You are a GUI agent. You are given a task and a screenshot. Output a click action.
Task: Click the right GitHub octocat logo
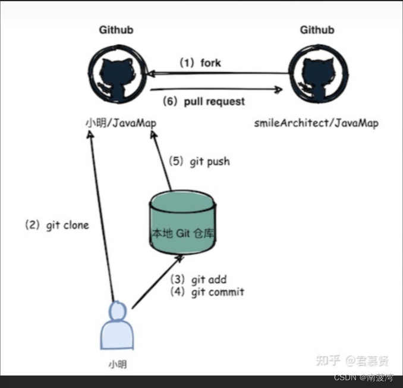pyautogui.click(x=316, y=74)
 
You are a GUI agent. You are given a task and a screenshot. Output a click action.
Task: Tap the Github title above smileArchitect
pyautogui.click(x=316, y=30)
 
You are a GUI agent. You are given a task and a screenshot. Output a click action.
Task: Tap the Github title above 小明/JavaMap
pyautogui.click(x=117, y=30)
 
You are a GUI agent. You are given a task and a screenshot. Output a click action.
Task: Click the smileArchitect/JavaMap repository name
pyautogui.click(x=316, y=123)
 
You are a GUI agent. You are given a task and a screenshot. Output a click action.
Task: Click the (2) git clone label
pyautogui.click(x=56, y=226)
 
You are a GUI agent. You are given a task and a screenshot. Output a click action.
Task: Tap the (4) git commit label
pyautogui.click(x=207, y=292)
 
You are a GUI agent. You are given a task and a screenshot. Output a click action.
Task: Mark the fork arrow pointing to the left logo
pyautogui.click(x=217, y=74)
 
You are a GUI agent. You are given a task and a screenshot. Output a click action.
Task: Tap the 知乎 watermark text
pyautogui.click(x=328, y=360)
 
